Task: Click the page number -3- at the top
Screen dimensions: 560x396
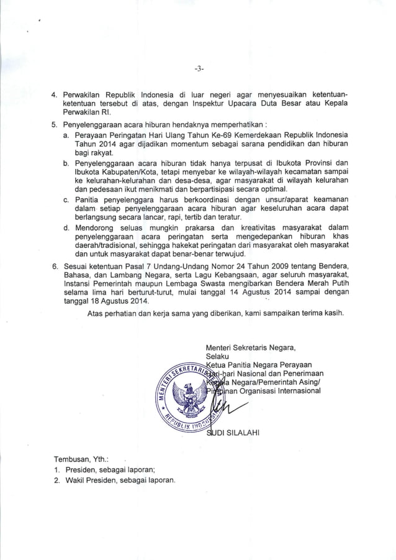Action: click(198, 68)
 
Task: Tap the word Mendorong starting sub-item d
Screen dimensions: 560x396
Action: click(94, 227)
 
